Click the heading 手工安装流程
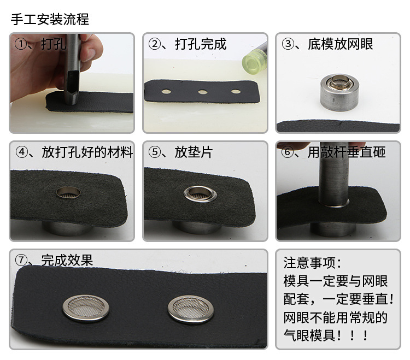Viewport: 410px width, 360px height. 50,20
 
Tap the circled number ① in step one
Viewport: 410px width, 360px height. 21,44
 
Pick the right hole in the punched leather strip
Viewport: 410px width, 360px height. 236,91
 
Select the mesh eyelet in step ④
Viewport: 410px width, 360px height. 68,192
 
